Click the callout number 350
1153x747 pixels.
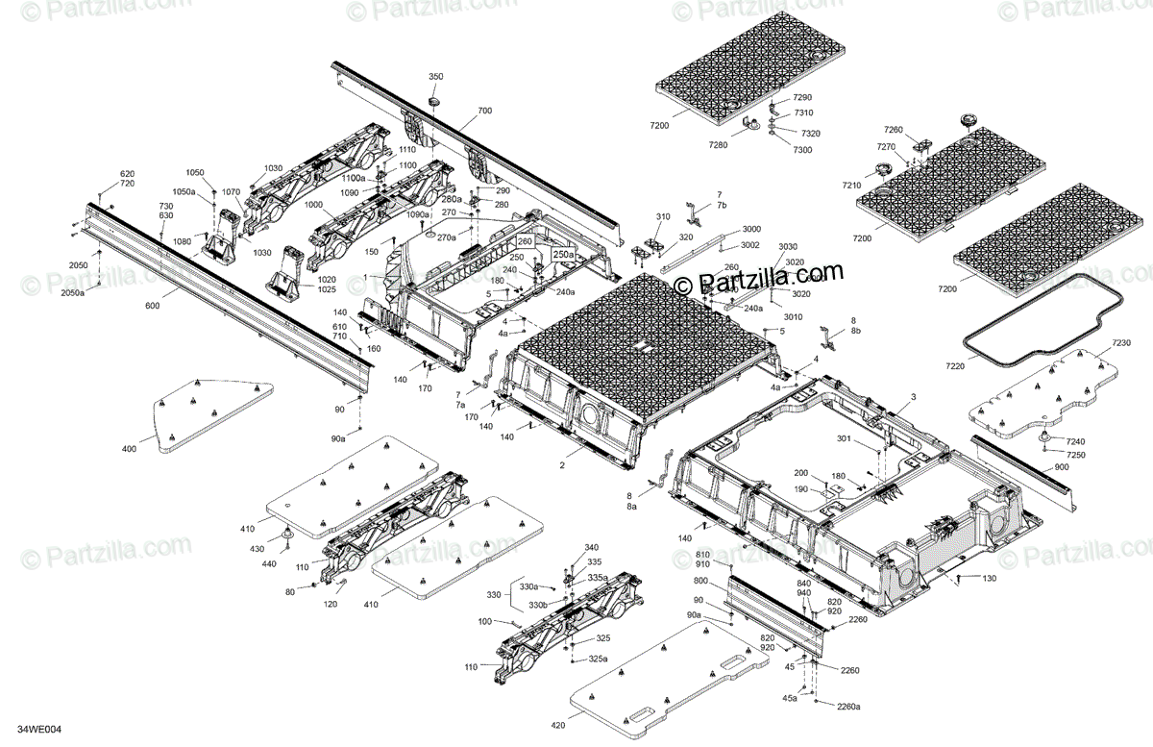point(435,76)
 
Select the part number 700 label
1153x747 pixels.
point(483,111)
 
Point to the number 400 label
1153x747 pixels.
point(129,449)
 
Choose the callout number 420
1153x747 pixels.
point(557,724)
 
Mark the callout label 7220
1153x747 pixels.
point(954,366)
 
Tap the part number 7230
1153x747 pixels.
point(1121,343)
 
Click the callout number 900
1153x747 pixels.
point(1060,466)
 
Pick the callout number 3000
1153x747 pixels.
point(750,229)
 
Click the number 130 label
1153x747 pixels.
point(989,578)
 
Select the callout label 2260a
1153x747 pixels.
point(848,707)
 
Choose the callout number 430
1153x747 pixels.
point(256,548)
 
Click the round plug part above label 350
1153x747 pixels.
point(432,99)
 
